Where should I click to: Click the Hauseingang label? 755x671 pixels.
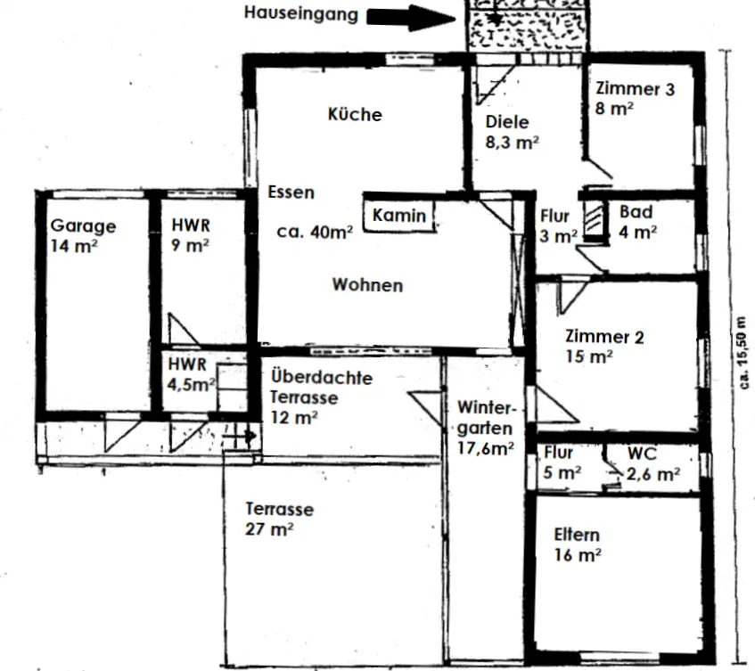coord(301,13)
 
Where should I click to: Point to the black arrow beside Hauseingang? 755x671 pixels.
coord(412,19)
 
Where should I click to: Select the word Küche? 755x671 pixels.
coord(355,114)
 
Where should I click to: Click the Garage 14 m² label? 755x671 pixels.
coord(83,236)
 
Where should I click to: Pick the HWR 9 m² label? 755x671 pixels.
coord(191,235)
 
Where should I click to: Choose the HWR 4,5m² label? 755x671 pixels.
coord(191,374)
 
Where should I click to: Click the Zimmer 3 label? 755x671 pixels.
coord(635,89)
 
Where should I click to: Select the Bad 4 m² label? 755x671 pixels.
coord(637,222)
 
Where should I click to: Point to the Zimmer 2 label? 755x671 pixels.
coord(604,337)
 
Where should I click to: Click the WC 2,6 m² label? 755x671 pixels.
coord(653,464)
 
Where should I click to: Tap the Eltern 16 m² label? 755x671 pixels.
coord(578,544)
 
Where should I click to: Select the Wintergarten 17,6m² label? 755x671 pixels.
coord(486,428)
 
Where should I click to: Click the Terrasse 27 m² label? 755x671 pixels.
coord(279,519)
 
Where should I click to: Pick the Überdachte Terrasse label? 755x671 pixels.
coord(321,388)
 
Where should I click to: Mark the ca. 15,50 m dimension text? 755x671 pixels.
coord(743,353)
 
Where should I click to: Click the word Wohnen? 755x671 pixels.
coord(367,285)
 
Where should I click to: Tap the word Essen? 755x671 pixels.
coord(291,192)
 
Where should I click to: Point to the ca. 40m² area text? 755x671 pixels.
coord(315,232)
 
